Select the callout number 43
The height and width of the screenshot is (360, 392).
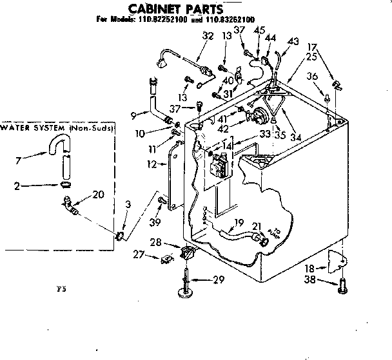pyautogui.click(x=293, y=41)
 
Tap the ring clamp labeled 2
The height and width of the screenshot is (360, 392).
pyautogui.click(x=65, y=185)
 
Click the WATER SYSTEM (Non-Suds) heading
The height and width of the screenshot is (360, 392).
pyautogui.click(x=58, y=128)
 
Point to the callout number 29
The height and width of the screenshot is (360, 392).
pyautogui.click(x=219, y=280)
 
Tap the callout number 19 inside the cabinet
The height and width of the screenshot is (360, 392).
pyautogui.click(x=238, y=223)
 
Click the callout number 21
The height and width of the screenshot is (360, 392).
pyautogui.click(x=255, y=227)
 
